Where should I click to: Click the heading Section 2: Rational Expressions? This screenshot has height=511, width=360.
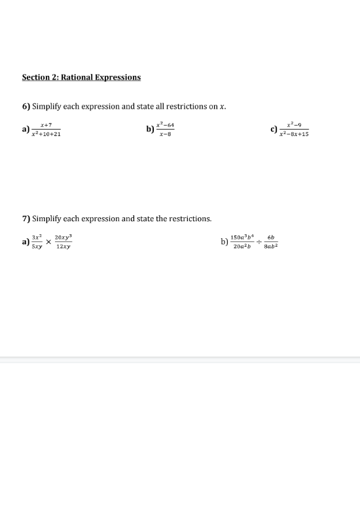click(x=81, y=77)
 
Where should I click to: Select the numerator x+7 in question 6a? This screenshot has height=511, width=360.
click(x=46, y=124)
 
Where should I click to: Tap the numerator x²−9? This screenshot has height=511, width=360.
click(x=294, y=124)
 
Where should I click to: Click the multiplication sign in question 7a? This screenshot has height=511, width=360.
click(x=48, y=242)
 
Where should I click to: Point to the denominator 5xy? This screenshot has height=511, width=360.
click(x=38, y=247)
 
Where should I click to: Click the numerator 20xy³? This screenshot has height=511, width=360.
click(x=63, y=238)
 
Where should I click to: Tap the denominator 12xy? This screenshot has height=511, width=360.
click(x=63, y=247)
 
